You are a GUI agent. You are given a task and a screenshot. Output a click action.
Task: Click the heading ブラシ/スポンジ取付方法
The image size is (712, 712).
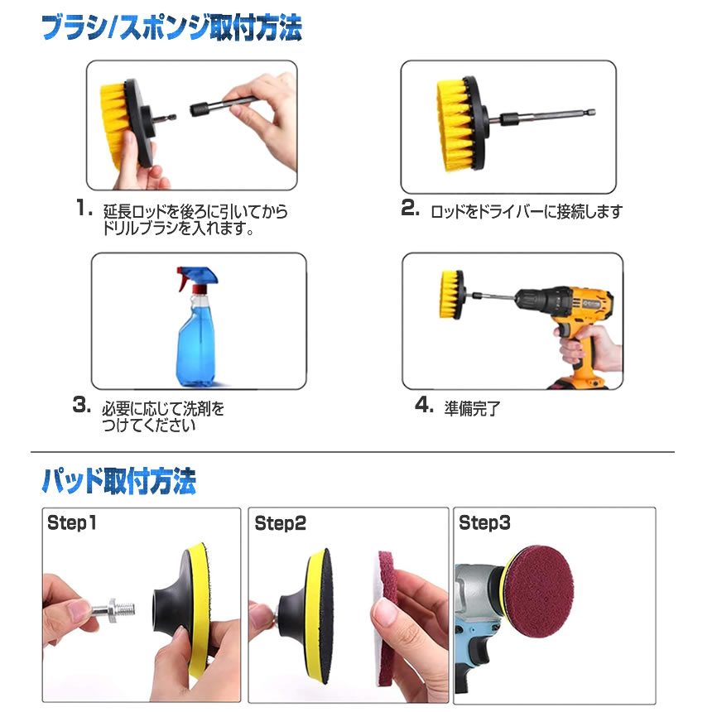point(171,28)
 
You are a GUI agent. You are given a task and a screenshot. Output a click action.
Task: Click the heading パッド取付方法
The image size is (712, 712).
point(119,481)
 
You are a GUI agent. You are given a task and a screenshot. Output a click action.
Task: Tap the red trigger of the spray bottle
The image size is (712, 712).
point(182,278)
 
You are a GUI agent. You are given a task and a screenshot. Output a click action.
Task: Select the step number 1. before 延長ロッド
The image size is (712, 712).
point(84,209)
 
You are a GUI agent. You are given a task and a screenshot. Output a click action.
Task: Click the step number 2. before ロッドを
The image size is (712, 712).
point(410,208)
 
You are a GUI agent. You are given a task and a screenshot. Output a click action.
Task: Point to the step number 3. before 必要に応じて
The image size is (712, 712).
point(82,405)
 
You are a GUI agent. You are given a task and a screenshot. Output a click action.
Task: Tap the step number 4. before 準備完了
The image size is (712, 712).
point(425,405)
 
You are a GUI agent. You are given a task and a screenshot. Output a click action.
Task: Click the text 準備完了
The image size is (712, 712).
point(472,409)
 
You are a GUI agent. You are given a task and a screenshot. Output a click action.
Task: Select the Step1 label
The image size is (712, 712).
point(72,522)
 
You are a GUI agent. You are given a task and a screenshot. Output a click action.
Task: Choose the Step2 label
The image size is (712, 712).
point(280,523)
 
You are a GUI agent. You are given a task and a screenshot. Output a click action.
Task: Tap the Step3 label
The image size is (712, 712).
point(484,522)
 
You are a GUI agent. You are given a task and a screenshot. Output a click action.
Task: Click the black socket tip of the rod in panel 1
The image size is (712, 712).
point(199,109)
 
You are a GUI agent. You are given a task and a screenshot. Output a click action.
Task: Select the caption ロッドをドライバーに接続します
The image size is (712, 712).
point(527,212)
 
